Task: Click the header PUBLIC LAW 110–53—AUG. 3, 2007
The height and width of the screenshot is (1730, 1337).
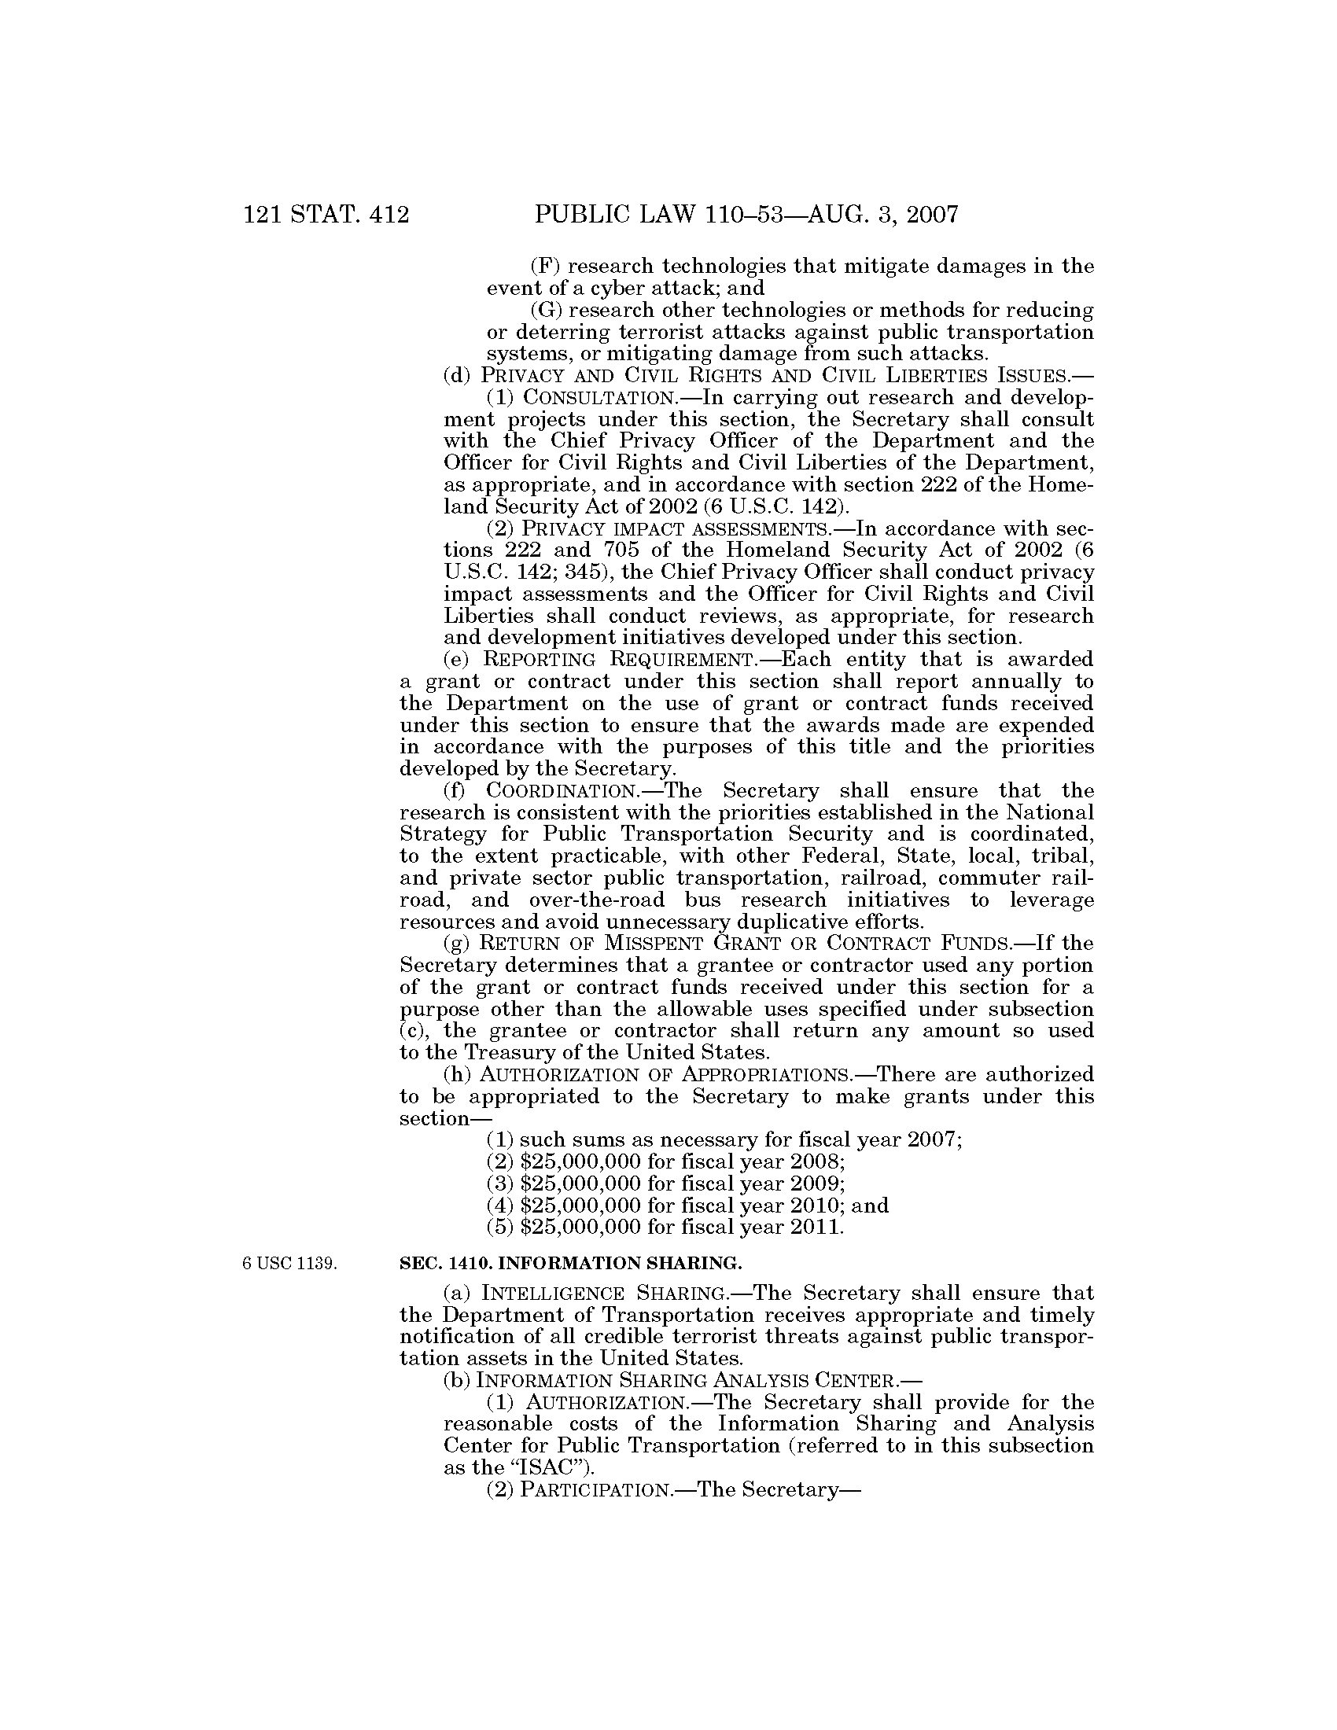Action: click(746, 215)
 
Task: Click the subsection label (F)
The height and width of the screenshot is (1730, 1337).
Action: click(544, 266)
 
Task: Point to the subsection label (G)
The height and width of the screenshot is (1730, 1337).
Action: click(545, 310)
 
